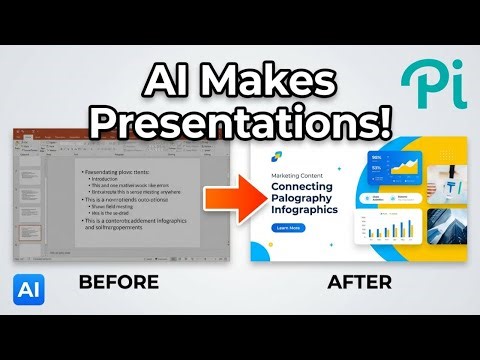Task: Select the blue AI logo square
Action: tap(28, 285)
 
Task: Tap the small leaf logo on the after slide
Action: tap(277, 155)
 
